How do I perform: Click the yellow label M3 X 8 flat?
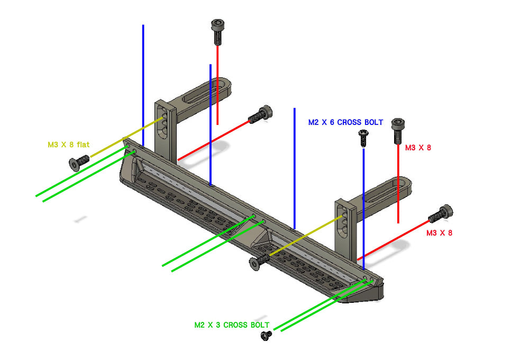68,145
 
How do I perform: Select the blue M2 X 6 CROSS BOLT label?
345,122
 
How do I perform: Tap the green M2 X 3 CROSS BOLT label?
232,325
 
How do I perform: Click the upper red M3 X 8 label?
418,148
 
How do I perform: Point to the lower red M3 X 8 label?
439,233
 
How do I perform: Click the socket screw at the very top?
217,32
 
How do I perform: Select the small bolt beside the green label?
266,336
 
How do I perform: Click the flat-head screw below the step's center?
259,262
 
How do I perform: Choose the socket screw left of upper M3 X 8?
398,131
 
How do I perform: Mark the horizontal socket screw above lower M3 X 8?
441,213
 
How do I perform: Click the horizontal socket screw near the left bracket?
260,114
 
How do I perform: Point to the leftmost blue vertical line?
143,85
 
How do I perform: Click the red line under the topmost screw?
217,85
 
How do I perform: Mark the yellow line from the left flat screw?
127,137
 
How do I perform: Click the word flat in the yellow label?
83,145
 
